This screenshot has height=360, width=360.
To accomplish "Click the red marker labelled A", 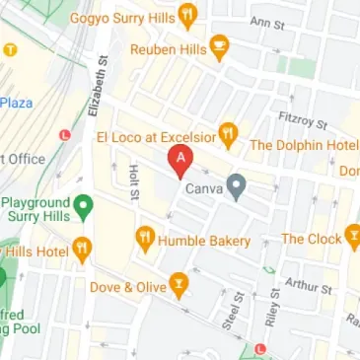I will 180,159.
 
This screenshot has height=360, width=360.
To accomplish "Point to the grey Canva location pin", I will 237,184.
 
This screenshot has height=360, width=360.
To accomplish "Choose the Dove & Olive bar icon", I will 179,287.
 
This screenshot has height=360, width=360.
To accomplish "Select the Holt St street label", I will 135,185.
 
